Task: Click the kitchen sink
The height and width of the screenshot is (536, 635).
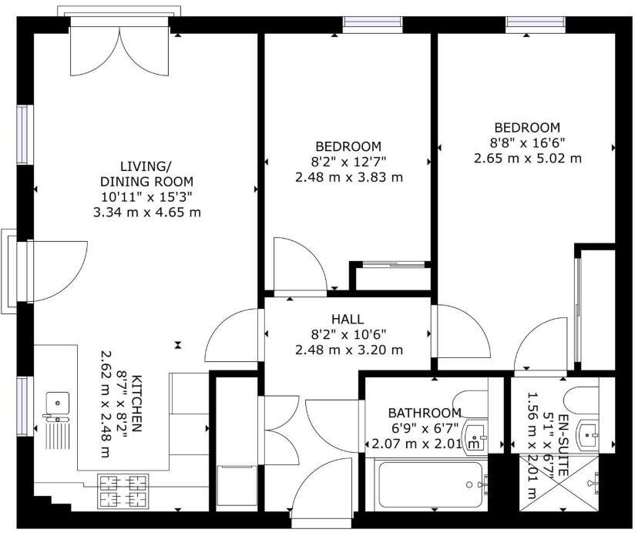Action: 57,403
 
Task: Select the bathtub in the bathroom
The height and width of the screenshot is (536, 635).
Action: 430,484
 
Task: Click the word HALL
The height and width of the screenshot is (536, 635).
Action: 347,320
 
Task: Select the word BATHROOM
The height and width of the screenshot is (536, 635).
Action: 425,413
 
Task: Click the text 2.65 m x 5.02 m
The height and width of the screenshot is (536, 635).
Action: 527,158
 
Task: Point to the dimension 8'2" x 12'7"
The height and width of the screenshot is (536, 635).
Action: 348,162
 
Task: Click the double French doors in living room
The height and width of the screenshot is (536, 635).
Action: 119,47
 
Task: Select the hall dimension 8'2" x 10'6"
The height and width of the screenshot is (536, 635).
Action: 348,335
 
